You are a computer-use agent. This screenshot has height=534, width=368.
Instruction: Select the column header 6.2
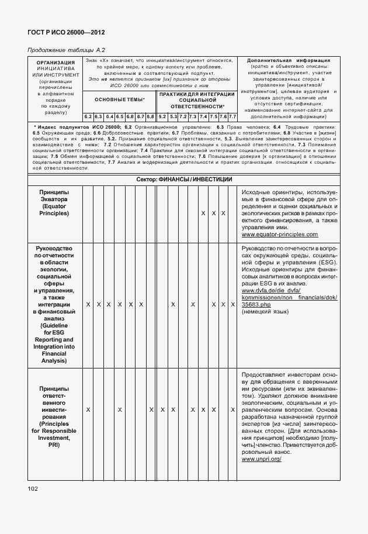[88, 116]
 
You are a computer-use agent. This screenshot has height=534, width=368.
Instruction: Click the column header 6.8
[150, 116]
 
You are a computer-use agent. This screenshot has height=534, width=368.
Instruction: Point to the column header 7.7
[232, 116]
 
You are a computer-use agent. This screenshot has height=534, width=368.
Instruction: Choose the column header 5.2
[162, 116]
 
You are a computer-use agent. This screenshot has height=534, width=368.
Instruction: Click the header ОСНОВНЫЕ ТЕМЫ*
[119, 100]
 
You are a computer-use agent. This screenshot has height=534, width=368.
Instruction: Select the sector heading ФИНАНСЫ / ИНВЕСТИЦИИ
[184, 179]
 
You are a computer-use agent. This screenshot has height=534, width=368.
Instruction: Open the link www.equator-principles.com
[279, 235]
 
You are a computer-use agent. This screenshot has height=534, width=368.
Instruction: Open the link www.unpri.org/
[261, 459]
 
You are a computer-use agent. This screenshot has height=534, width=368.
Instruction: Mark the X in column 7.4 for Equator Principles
[203, 213]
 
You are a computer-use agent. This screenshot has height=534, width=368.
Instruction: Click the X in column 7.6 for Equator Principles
[223, 213]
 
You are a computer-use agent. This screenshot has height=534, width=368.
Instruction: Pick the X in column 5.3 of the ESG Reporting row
[173, 305]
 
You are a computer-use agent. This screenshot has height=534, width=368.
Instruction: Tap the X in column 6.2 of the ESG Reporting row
[88, 305]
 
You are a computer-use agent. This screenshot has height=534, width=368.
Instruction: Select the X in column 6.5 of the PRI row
[119, 410]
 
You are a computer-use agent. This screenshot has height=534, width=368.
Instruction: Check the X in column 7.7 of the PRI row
[232, 410]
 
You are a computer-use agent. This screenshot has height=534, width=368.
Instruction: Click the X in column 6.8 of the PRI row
[150, 410]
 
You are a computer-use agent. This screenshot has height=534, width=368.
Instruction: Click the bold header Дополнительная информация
[289, 60]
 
